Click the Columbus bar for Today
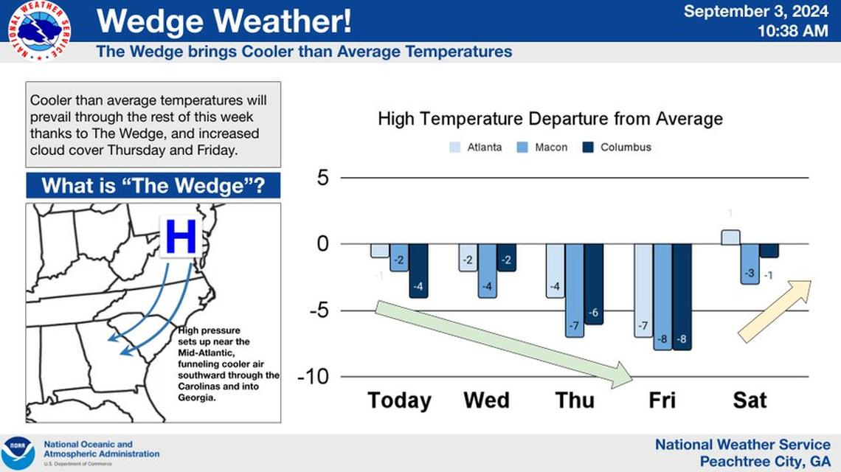418,270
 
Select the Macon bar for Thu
574,290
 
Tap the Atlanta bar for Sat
730,237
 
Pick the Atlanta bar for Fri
643,290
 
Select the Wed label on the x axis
486,400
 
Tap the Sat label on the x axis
750,400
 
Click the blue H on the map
181,237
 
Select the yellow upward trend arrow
775,310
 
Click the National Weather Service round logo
39,30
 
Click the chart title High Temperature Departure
550,119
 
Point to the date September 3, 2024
756,11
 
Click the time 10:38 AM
792,31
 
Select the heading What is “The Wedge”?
153,185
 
